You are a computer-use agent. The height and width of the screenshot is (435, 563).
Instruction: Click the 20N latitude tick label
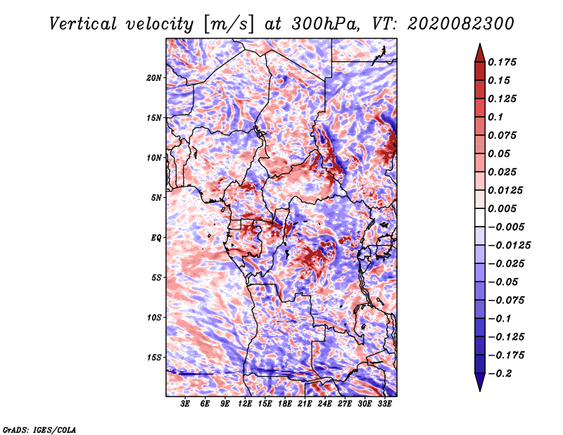pyautogui.click(x=154, y=78)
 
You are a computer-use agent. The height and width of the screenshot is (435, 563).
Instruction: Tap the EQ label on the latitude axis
pyautogui.click(x=156, y=238)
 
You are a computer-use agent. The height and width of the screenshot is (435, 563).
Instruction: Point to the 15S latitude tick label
pyautogui.click(x=154, y=358)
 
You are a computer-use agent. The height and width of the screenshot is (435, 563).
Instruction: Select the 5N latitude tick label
pyautogui.click(x=156, y=198)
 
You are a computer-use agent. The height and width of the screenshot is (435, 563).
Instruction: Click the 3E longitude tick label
pyautogui.click(x=185, y=404)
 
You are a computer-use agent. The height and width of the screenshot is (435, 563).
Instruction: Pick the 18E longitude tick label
pyautogui.click(x=284, y=404)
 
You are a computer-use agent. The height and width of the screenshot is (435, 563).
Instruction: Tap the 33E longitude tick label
pyautogui.click(x=384, y=404)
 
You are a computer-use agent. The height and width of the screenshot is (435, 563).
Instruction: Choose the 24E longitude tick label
pyautogui.click(x=324, y=404)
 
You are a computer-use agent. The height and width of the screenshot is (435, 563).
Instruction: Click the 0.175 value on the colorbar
pyautogui.click(x=502, y=62)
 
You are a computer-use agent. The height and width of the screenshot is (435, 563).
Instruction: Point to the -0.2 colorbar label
pyautogui.click(x=500, y=374)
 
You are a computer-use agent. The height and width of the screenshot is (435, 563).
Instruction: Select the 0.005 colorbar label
pyautogui.click(x=502, y=208)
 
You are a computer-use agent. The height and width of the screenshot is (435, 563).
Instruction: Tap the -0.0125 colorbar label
pyautogui.click(x=509, y=246)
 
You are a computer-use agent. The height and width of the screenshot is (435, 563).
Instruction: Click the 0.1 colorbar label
pyautogui.click(x=495, y=117)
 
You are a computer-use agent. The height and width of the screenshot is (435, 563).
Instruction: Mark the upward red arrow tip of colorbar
pyautogui.click(x=480, y=44)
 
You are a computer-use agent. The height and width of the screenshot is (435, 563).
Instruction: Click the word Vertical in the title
pyautogui.click(x=83, y=24)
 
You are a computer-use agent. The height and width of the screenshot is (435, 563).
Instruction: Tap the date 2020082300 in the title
pyautogui.click(x=461, y=24)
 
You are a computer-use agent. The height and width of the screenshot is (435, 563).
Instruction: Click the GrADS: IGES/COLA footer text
pyautogui.click(x=39, y=430)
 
